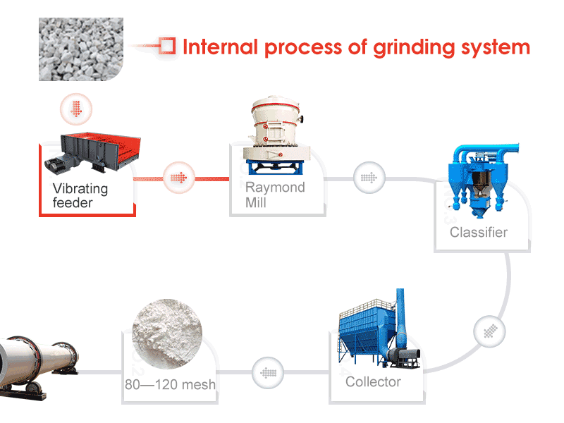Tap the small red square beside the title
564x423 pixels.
[x=167, y=46]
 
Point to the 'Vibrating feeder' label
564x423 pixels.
[x=80, y=196]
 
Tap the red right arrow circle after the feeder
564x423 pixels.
[x=179, y=176]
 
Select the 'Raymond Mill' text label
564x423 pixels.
[x=275, y=195]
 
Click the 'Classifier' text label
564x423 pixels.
[x=479, y=232]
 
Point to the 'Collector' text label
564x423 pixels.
[x=373, y=382]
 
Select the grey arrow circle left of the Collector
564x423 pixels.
[x=268, y=372]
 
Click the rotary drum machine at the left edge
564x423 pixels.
[x=35, y=363]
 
